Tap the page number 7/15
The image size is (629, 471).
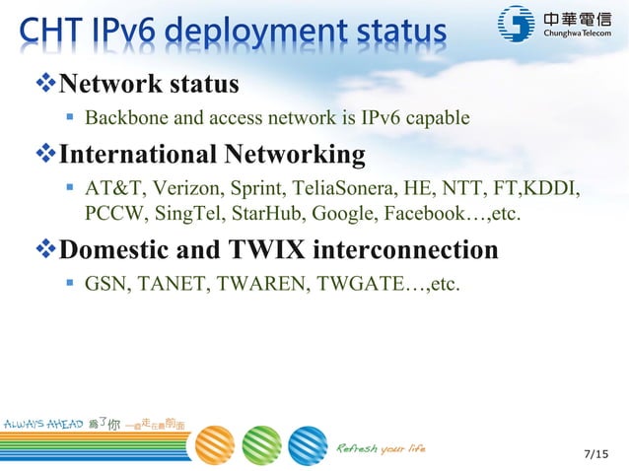(596, 454)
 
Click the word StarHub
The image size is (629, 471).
(263, 214)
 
